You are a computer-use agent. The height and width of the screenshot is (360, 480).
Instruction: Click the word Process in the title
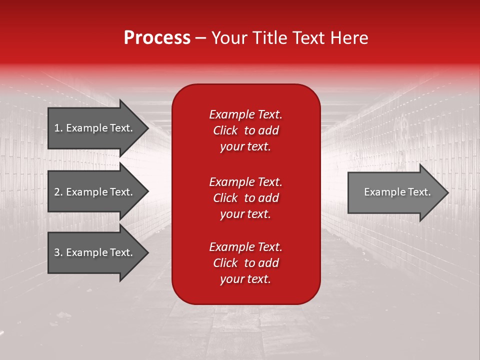pyautogui.click(x=157, y=38)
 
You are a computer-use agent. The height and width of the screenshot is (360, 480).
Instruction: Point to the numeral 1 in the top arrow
pyautogui.click(x=57, y=128)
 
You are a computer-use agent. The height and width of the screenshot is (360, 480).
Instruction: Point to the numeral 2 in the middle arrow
pyautogui.click(x=57, y=192)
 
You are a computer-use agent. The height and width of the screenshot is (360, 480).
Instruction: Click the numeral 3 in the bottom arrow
pyautogui.click(x=57, y=252)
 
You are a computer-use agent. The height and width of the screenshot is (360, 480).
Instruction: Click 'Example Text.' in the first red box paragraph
pyautogui.click(x=245, y=114)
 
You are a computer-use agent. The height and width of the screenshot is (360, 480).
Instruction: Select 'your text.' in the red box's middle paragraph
pyautogui.click(x=245, y=214)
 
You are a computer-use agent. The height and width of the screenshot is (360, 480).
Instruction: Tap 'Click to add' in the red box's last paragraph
pyautogui.click(x=245, y=263)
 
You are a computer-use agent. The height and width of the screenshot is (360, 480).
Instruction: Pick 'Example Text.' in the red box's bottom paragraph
pyautogui.click(x=245, y=247)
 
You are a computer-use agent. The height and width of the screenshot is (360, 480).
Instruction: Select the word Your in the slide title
pyautogui.click(x=228, y=38)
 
